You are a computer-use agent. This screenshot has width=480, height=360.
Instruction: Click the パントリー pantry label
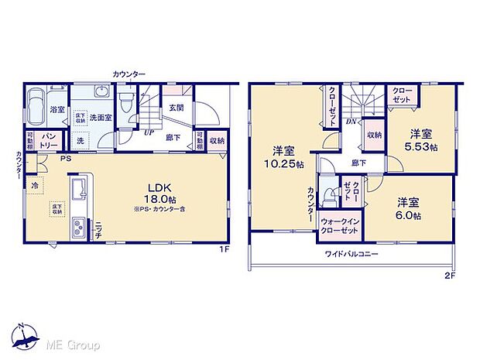pos(48,141)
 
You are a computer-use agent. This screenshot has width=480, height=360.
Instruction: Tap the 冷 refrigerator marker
pos(36,185)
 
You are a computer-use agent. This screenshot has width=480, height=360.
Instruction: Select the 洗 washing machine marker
pos(81,141)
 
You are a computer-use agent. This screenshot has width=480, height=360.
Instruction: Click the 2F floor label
pos(450,276)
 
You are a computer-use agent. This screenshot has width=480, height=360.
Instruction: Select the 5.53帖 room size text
pos(424,146)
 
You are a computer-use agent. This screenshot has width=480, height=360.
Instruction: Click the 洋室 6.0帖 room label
pos(407,208)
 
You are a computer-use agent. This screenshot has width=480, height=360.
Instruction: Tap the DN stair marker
pos(351,122)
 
